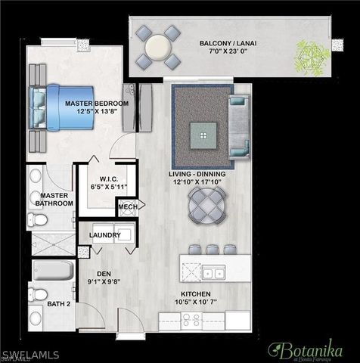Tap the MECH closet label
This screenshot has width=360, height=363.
[127, 206]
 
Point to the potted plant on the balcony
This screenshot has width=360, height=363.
[309, 56]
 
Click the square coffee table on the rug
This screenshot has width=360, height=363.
[202, 135]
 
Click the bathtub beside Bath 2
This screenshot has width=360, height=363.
[53, 271]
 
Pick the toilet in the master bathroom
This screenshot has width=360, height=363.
[37, 220]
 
